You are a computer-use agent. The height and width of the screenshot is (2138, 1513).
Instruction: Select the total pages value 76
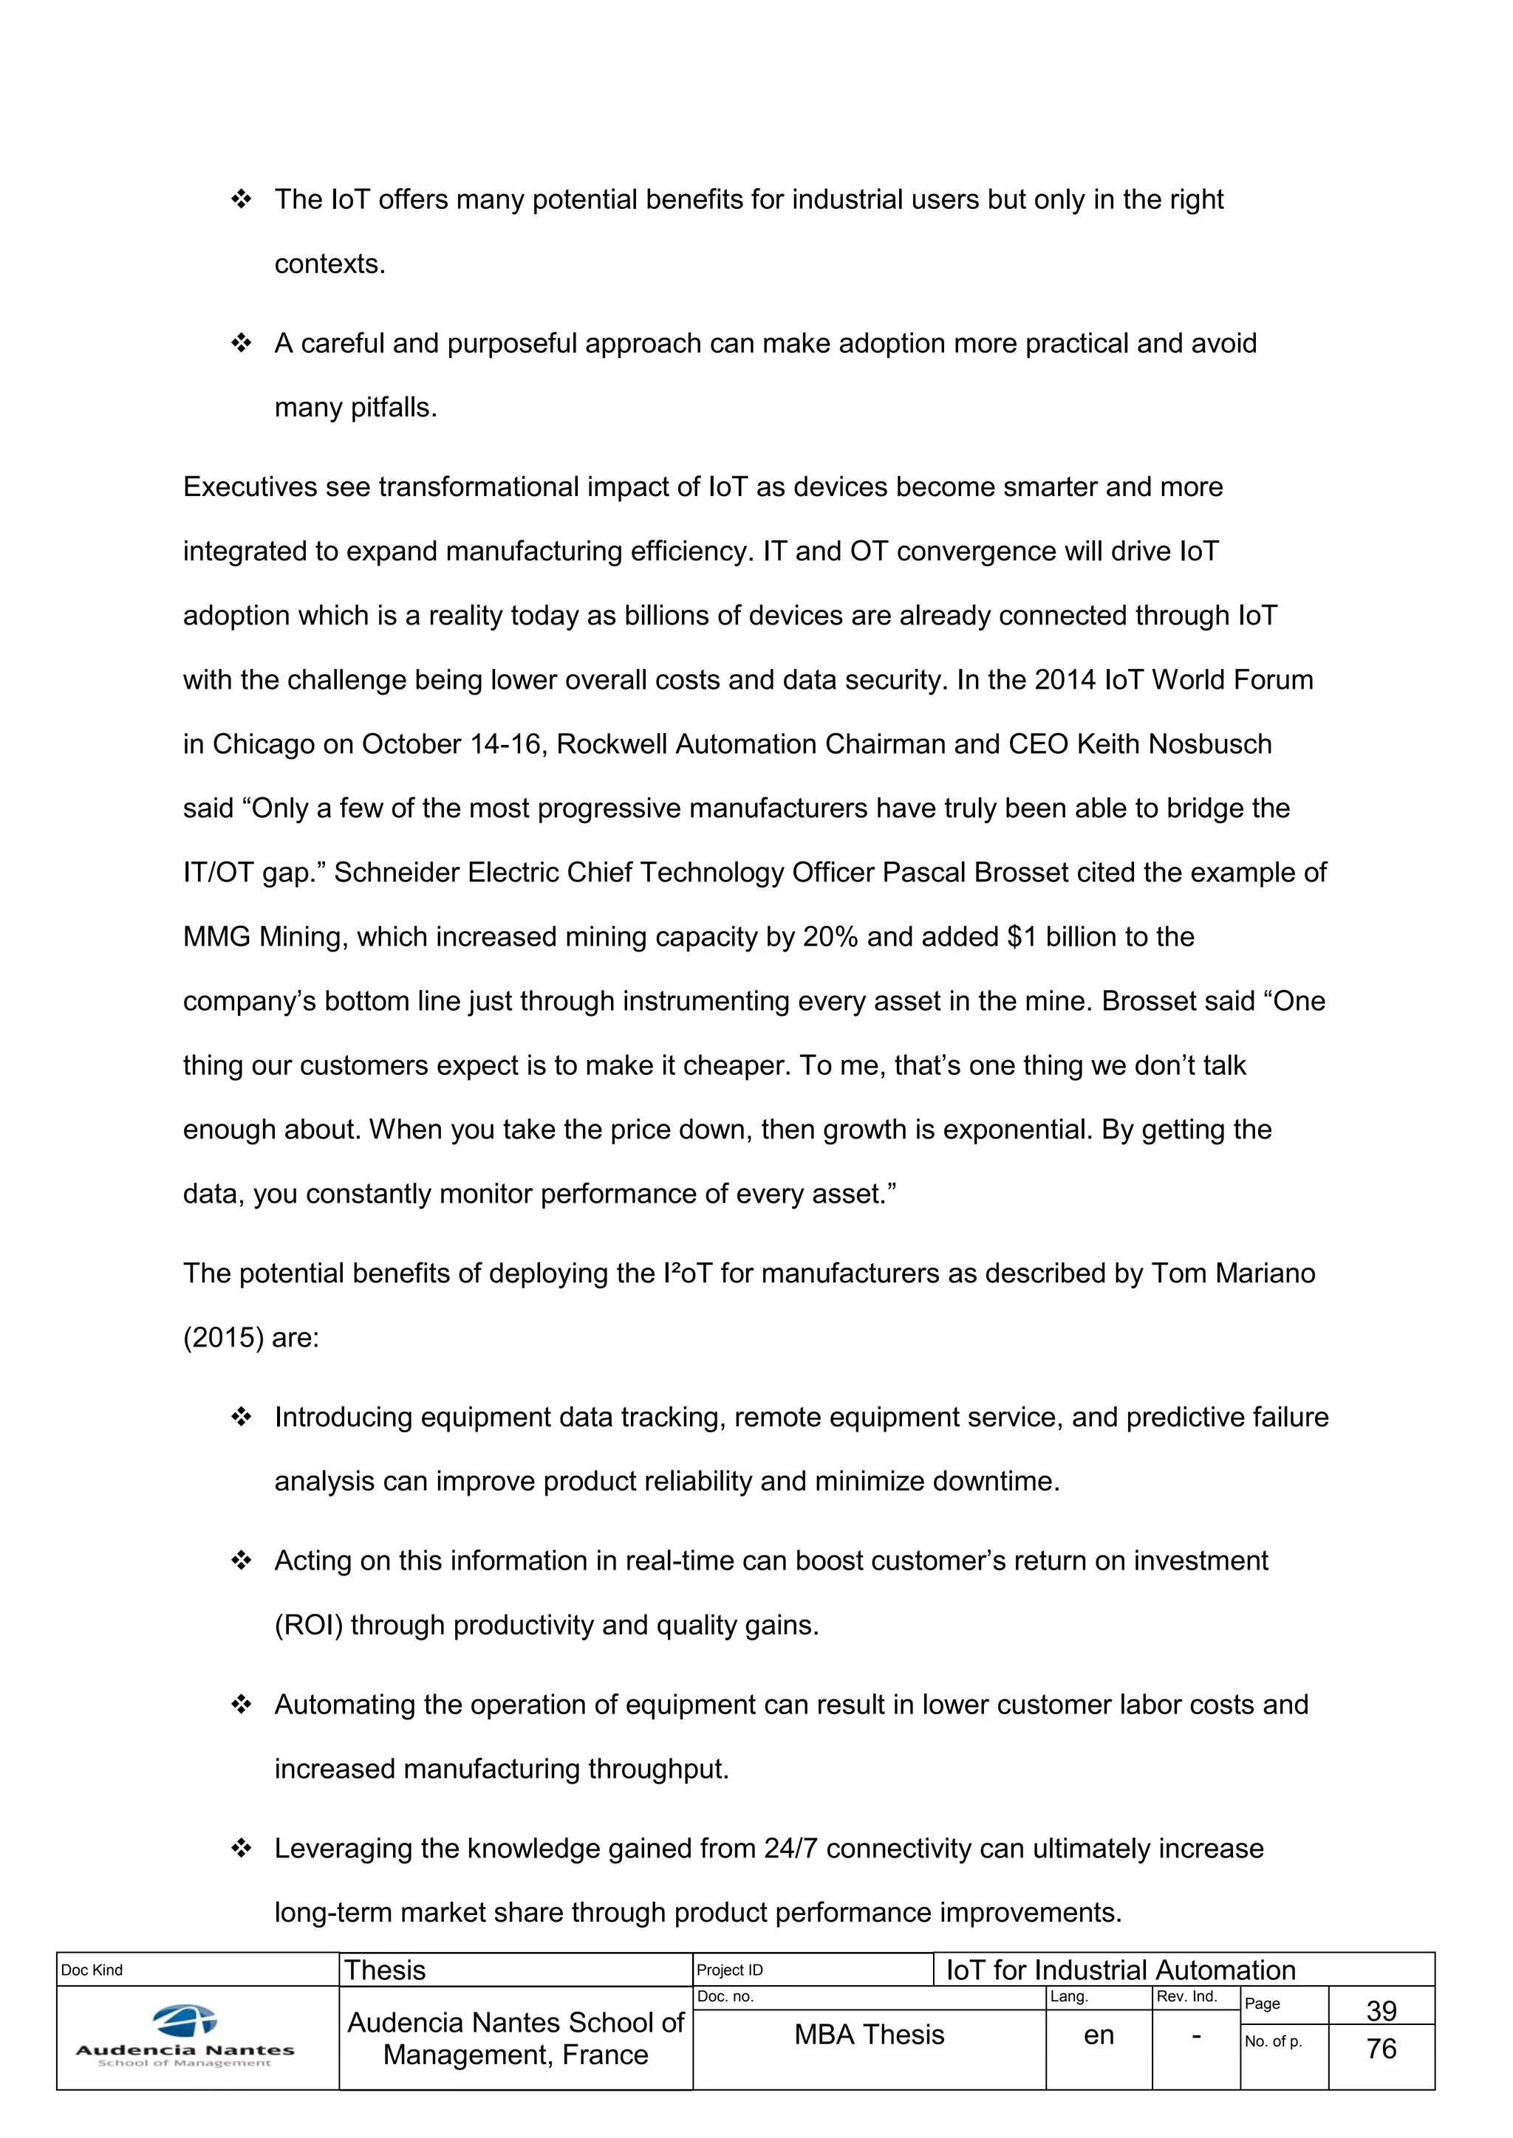point(1381,2048)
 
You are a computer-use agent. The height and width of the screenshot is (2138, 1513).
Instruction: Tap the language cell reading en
point(1099,2035)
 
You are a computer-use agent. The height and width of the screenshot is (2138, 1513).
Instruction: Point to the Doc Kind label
point(92,1970)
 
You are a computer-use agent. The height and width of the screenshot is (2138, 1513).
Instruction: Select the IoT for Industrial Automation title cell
point(1121,1970)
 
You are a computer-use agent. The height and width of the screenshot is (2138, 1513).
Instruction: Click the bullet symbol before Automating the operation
point(242,1705)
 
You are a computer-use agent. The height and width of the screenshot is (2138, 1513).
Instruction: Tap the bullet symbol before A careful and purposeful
point(242,343)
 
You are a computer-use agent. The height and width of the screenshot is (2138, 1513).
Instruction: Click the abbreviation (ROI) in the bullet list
point(308,1625)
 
